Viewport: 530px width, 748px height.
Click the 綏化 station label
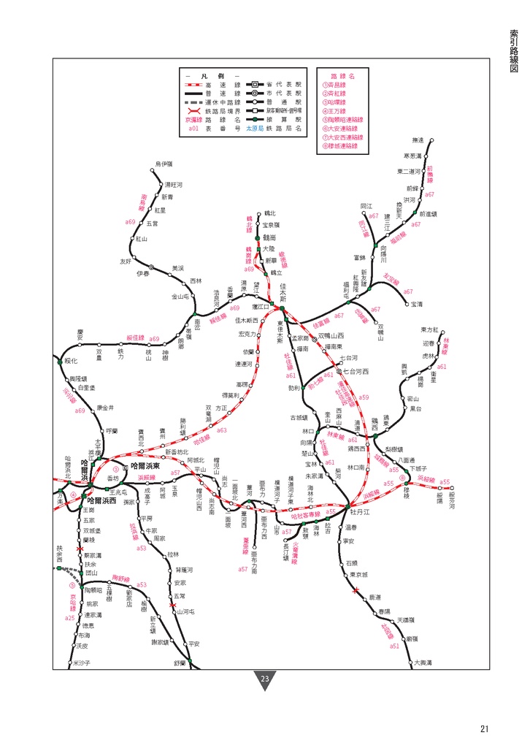coord(71,361)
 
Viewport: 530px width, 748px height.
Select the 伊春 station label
coord(142,273)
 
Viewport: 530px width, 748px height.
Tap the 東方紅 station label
coord(430,330)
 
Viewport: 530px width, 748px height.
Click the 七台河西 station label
coord(357,371)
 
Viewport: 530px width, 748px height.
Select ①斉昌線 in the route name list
coord(334,85)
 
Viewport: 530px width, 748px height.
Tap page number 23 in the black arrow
coord(265,680)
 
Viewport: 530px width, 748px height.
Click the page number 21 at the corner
coord(485,728)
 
